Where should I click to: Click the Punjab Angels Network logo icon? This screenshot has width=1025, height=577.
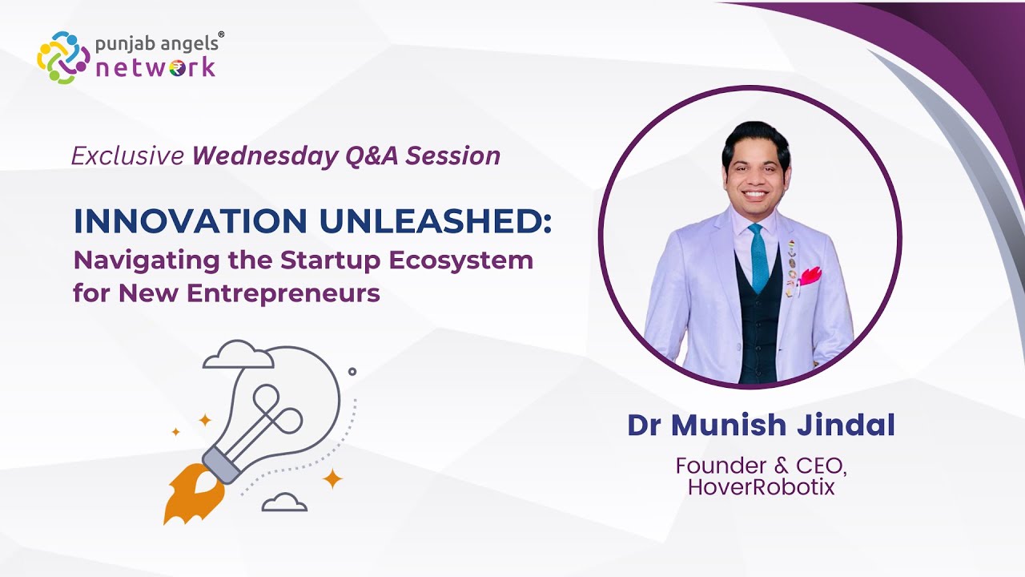pyautogui.click(x=63, y=58)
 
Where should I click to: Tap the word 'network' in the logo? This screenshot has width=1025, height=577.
pyautogui.click(x=155, y=67)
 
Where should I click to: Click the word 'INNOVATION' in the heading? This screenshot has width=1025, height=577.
pyautogui.click(x=189, y=222)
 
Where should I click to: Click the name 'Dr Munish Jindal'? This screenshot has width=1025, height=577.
pyautogui.click(x=761, y=425)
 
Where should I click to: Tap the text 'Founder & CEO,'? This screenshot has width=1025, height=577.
pyautogui.click(x=761, y=465)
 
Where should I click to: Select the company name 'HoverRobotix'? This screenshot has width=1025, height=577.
pyautogui.click(x=761, y=486)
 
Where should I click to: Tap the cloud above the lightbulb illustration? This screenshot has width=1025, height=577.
pyautogui.click(x=238, y=354)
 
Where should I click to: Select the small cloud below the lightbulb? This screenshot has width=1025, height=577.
pyautogui.click(x=284, y=502)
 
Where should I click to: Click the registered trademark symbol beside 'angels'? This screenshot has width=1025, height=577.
pyautogui.click(x=221, y=34)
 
